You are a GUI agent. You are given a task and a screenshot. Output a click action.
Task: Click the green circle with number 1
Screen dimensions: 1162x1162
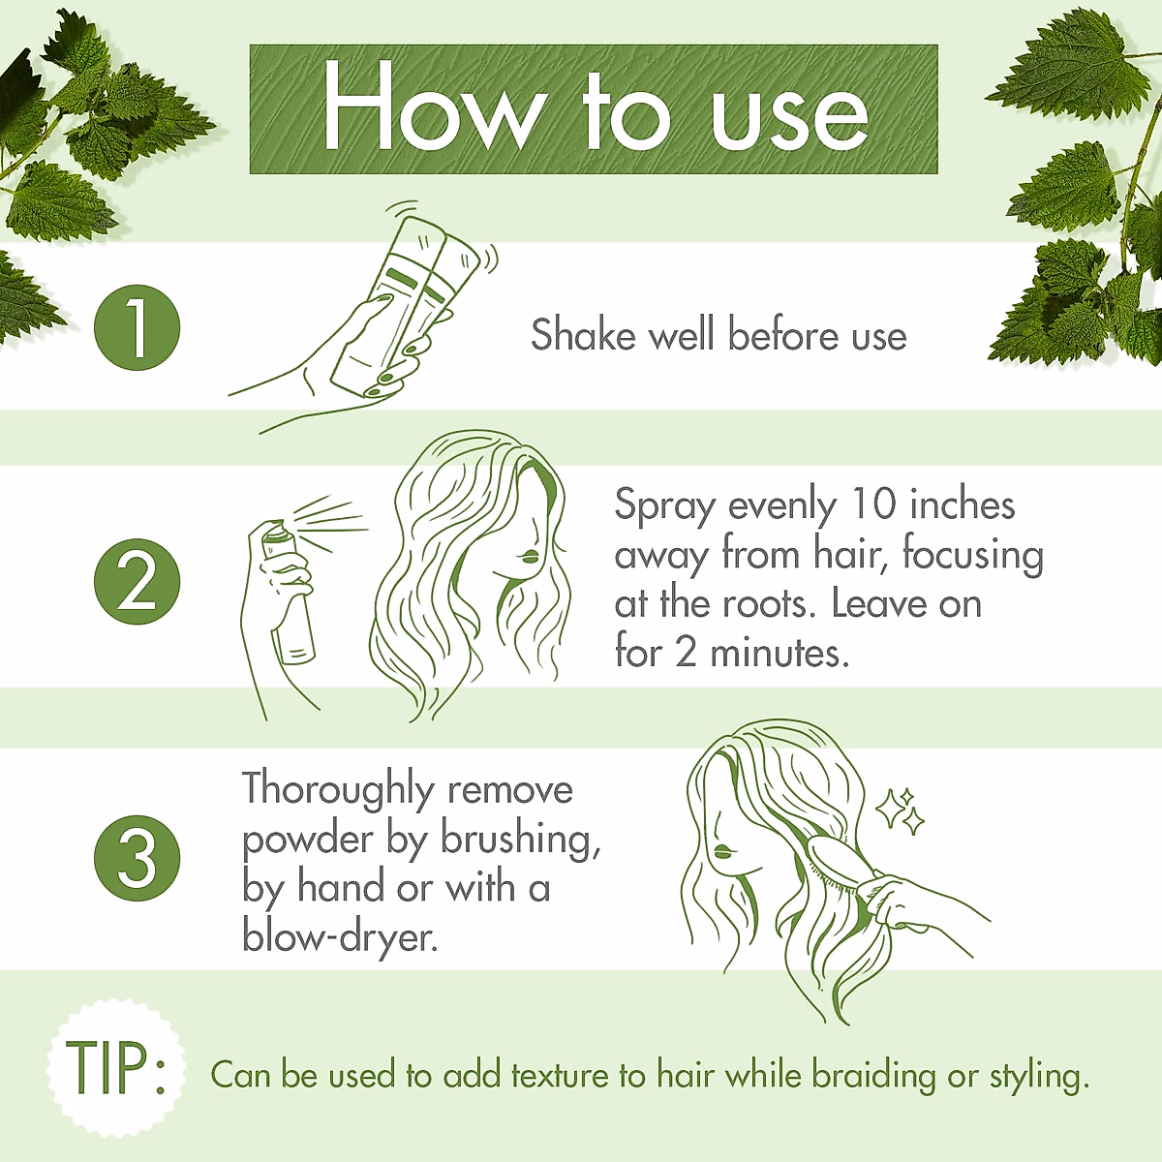coord(137,327)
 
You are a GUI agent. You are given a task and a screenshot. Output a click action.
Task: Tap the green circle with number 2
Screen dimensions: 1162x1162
coord(137,581)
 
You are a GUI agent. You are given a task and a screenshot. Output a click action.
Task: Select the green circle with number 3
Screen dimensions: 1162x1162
coord(137,859)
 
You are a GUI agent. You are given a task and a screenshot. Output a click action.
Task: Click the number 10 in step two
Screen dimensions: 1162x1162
coord(874,505)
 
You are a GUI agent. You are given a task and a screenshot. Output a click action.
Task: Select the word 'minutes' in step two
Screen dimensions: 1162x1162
coord(779,653)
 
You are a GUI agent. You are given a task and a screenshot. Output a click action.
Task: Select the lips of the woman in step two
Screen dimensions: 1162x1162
coord(529,557)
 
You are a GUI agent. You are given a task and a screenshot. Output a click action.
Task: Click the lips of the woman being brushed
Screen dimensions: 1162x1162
coord(721,852)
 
